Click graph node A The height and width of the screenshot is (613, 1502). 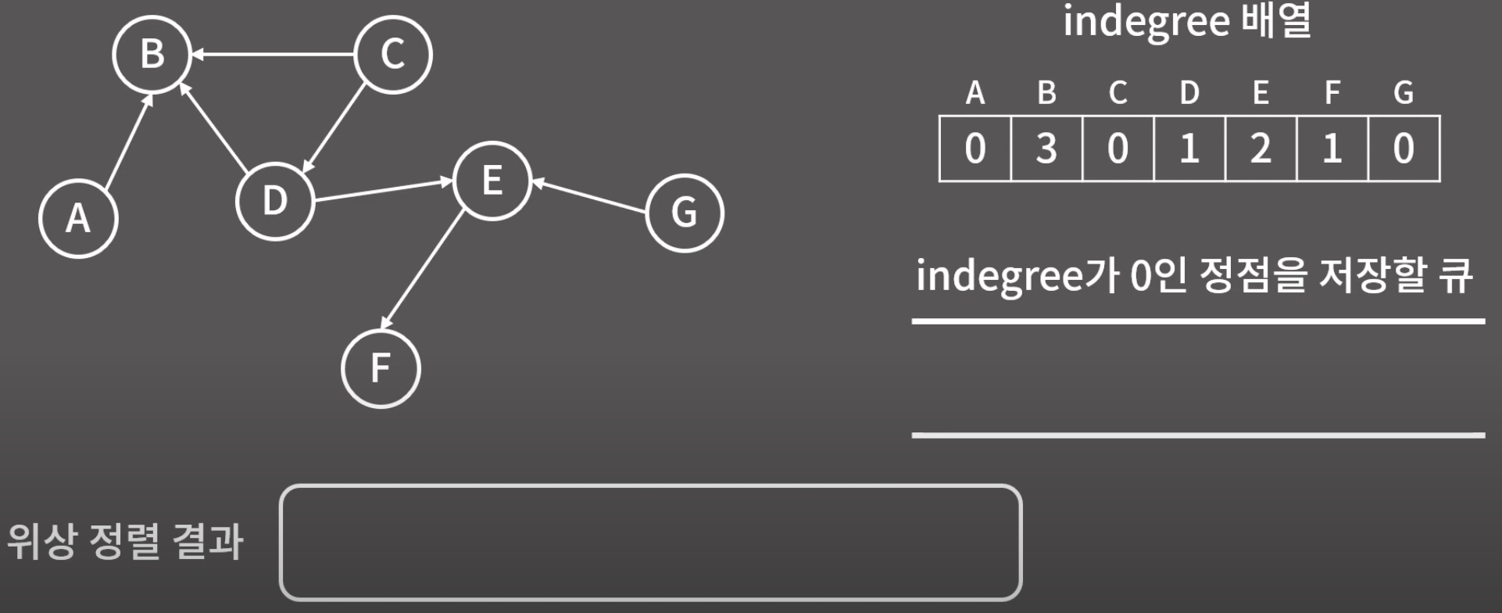(x=78, y=217)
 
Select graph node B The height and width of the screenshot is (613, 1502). (x=152, y=54)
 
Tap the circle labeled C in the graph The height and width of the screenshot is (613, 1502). (x=392, y=54)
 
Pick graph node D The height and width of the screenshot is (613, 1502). (x=275, y=201)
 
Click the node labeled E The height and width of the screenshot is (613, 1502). (x=492, y=181)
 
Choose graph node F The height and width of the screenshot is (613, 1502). (x=381, y=368)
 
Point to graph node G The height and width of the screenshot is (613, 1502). (x=685, y=213)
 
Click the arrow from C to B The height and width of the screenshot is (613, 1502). (x=274, y=55)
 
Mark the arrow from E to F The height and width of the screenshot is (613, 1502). (x=422, y=270)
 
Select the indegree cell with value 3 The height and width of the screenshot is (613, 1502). (x=1046, y=149)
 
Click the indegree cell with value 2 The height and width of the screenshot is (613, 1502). (x=1261, y=149)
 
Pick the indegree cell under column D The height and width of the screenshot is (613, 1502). (x=1189, y=149)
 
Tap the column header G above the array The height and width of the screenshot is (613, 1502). (x=1404, y=93)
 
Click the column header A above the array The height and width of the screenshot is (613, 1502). (x=975, y=93)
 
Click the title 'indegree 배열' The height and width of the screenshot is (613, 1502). (x=1186, y=22)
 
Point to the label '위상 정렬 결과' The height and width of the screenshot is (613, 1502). (x=125, y=541)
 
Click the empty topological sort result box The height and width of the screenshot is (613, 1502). (x=650, y=543)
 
